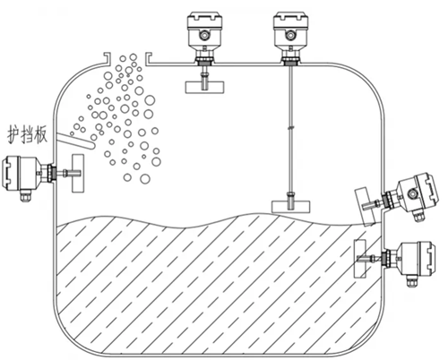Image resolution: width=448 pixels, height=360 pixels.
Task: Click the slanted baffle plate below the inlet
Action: pyautogui.click(x=75, y=141)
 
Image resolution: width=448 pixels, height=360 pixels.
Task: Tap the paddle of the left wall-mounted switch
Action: pyautogui.click(x=78, y=173)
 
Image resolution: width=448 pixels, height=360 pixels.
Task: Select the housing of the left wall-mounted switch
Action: pyautogui.click(x=22, y=173)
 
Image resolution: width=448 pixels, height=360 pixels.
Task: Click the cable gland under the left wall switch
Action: pyautogui.click(x=24, y=195)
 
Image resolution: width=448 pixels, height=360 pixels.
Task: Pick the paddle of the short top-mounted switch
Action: pyautogui.click(x=204, y=87)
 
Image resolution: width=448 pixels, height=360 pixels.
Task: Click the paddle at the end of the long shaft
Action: pyautogui.click(x=290, y=207)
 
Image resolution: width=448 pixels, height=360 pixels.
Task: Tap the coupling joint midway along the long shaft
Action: pyautogui.click(x=290, y=128)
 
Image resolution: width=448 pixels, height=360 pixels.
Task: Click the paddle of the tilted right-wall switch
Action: pyautogui.click(x=366, y=206)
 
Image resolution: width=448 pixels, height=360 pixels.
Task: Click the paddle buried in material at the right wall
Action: pyautogui.click(x=359, y=259)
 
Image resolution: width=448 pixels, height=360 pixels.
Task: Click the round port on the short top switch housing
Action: pyautogui.click(x=204, y=35)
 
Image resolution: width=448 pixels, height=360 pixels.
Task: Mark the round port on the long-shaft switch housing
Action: pyautogui.click(x=289, y=35)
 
